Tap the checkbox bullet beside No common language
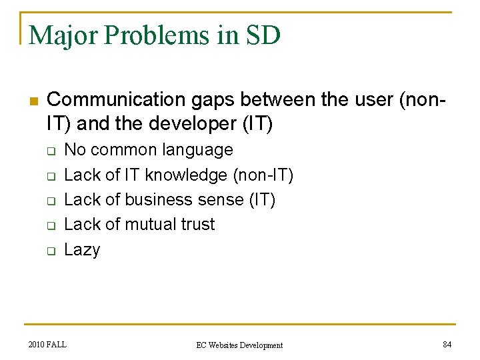[49, 151]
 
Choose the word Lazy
[82, 250]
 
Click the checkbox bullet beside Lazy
[49, 251]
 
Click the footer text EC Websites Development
[239, 345]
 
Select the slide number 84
[447, 344]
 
